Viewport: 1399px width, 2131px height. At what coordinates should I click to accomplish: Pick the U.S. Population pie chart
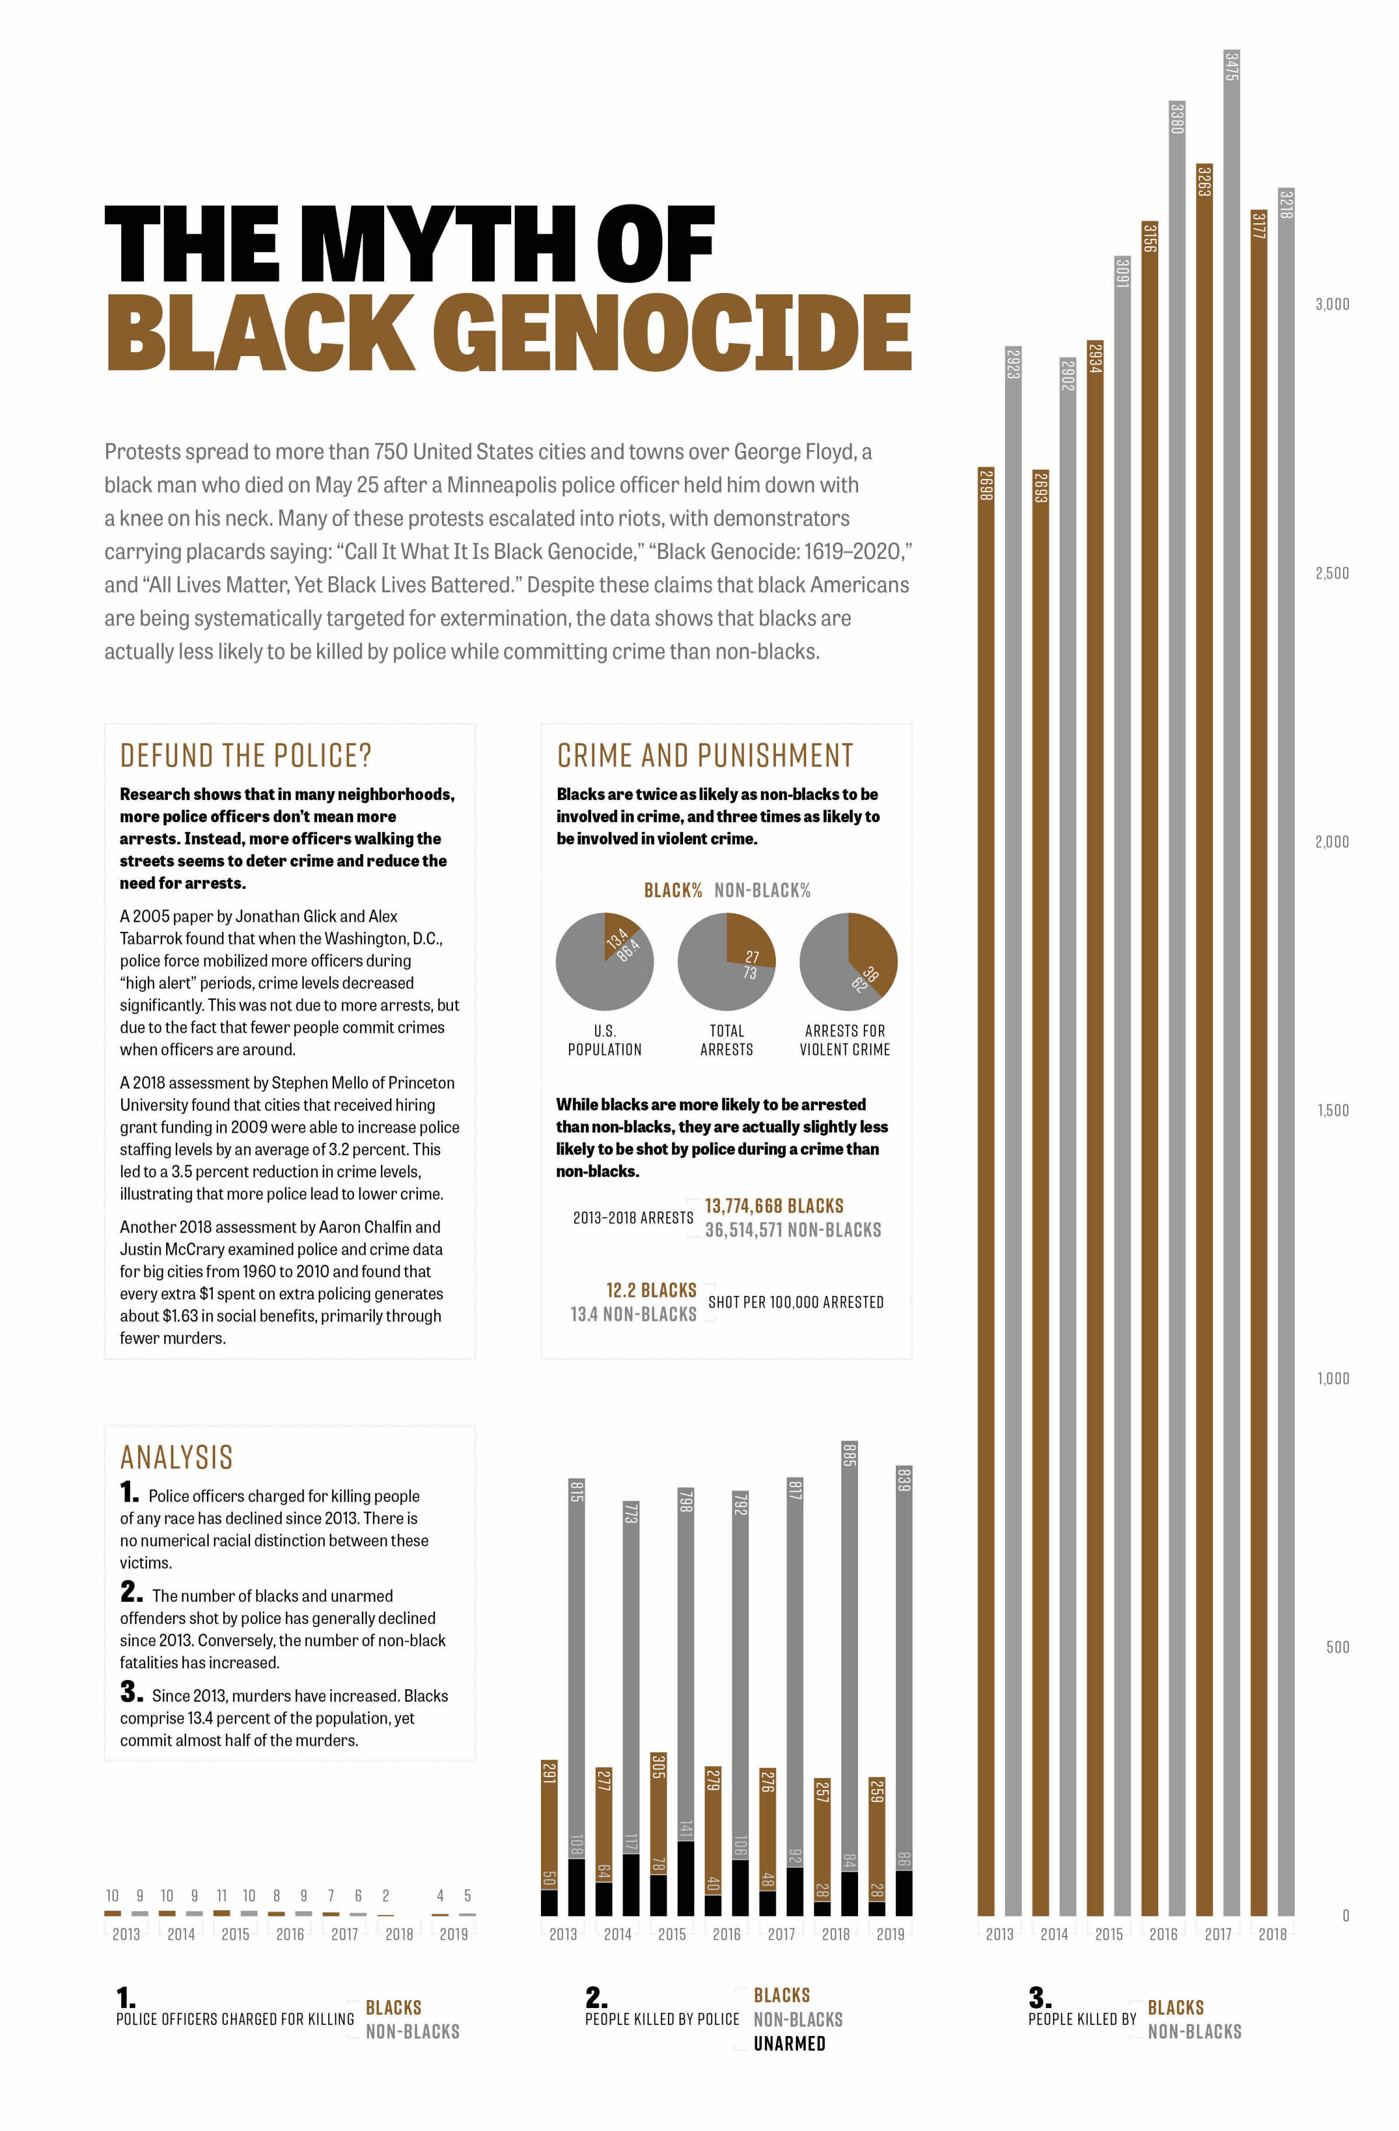pyautogui.click(x=604, y=961)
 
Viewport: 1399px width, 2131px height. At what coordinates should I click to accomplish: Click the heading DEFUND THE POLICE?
pyautogui.click(x=245, y=756)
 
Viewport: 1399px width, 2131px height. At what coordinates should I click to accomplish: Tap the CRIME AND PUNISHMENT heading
pyautogui.click(x=705, y=756)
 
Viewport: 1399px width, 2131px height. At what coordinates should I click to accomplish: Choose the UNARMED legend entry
pyautogui.click(x=789, y=2043)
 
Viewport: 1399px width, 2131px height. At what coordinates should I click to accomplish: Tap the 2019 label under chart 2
pyautogui.click(x=890, y=1934)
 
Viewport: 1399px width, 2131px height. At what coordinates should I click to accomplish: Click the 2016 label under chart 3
pyautogui.click(x=1164, y=1934)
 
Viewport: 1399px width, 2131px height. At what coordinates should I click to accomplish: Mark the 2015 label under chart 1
pyautogui.click(x=235, y=1934)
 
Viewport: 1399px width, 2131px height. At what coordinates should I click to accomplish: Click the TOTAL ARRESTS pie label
pyautogui.click(x=726, y=1040)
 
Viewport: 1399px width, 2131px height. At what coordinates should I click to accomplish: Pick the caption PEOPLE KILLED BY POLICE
pyautogui.click(x=662, y=2019)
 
